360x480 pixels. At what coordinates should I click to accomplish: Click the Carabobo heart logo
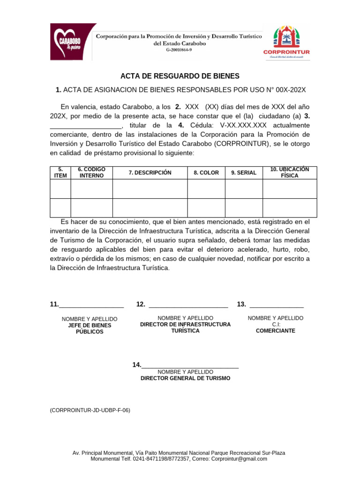pos(73,42)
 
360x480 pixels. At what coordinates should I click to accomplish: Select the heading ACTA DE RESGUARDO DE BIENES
pos(180,76)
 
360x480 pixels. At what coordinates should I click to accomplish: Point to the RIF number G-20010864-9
pos(180,50)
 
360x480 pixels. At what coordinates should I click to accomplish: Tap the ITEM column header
pos(60,172)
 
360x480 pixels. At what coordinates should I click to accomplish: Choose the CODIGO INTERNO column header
pos(91,172)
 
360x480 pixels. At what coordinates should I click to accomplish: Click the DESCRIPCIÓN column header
pos(150,173)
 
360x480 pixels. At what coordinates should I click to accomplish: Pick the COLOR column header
pos(206,173)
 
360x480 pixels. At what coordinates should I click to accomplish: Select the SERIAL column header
pos(244,173)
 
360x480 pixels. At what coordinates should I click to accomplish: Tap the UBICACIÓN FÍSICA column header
pos(289,172)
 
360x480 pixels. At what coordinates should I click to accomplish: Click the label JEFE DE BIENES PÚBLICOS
pos(90,328)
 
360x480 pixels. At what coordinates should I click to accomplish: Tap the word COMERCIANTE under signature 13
pos(276,330)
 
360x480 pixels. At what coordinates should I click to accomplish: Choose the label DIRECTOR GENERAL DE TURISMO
pos(186,378)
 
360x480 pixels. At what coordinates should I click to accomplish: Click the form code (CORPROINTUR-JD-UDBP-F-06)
pos(90,410)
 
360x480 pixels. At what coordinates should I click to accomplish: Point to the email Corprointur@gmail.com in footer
pos(239,459)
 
